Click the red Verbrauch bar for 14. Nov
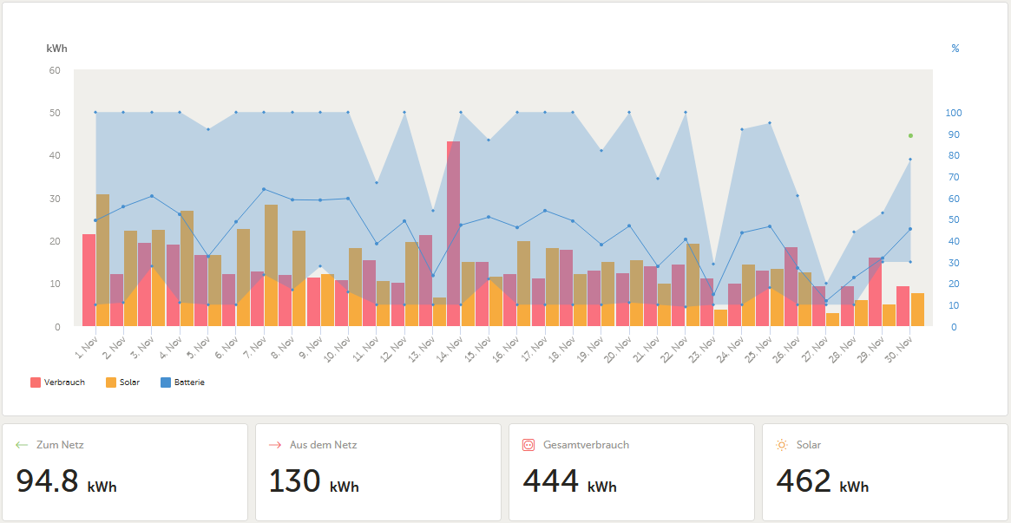[x=453, y=234]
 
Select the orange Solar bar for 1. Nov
[x=102, y=260]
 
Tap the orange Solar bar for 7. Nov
[x=272, y=265]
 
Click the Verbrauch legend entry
[x=57, y=382]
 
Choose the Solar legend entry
[x=122, y=382]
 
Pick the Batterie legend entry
[x=182, y=382]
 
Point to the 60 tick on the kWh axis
[x=54, y=70]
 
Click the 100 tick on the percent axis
[x=954, y=113]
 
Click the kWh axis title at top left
[x=56, y=49]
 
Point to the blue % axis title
[x=955, y=49]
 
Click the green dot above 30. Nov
[x=910, y=135]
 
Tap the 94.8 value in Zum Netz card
[x=47, y=481]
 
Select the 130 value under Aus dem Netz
[x=294, y=481]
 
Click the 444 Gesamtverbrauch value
[x=550, y=481]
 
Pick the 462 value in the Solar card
[x=804, y=481]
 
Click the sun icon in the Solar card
[x=782, y=444]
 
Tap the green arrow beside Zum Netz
[x=22, y=444]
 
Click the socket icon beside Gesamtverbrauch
[x=528, y=444]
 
